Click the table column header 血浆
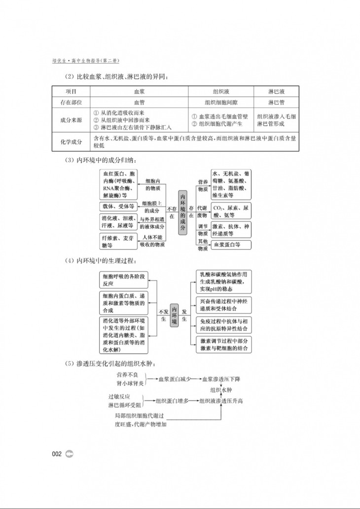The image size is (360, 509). (140, 92)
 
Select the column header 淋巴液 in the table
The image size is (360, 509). (276, 92)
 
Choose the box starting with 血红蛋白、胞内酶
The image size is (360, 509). (119, 184)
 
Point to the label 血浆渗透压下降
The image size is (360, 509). (221, 379)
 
